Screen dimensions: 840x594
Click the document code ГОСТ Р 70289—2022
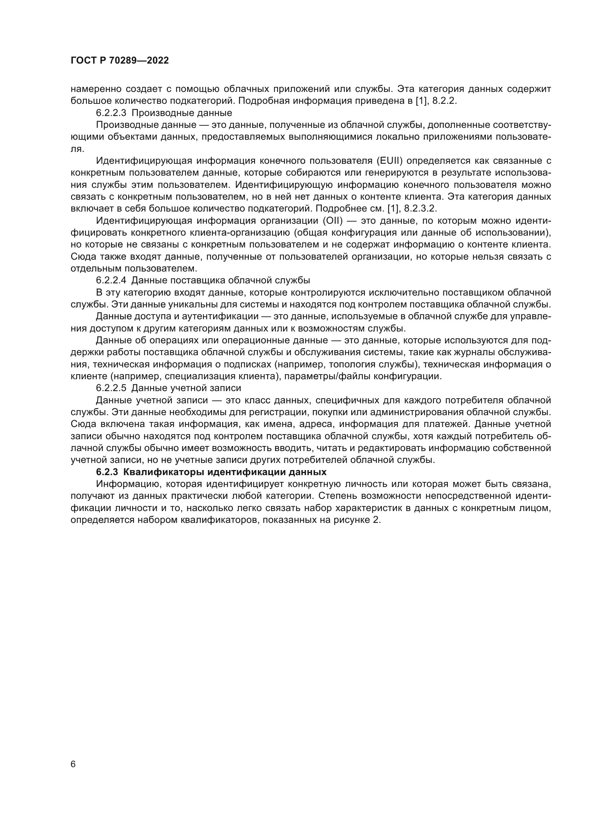(120, 61)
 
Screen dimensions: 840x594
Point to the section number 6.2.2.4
(111, 280)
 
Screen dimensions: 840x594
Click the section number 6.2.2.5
(111, 388)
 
